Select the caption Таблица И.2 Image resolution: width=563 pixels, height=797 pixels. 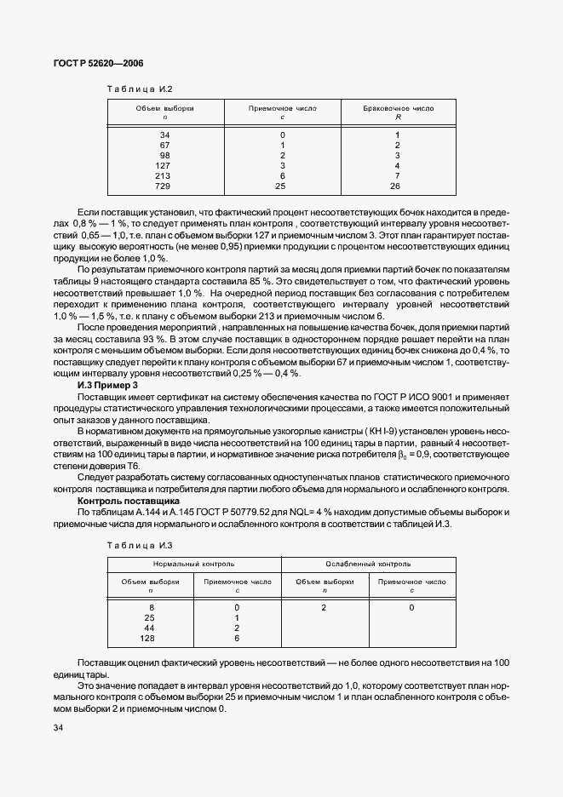[x=139, y=89]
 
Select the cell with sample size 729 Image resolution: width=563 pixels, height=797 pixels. [x=164, y=186]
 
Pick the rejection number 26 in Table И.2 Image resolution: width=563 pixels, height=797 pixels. [x=395, y=186]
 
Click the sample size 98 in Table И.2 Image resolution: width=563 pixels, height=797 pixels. [x=164, y=155]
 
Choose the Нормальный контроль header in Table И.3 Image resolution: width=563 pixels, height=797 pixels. [x=193, y=564]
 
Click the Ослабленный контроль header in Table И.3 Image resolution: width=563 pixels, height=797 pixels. [x=368, y=564]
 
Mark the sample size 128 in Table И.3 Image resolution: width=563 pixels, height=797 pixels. [x=150, y=638]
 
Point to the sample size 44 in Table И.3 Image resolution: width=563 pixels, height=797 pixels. [x=150, y=628]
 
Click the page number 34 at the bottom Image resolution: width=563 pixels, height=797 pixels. [x=59, y=727]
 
